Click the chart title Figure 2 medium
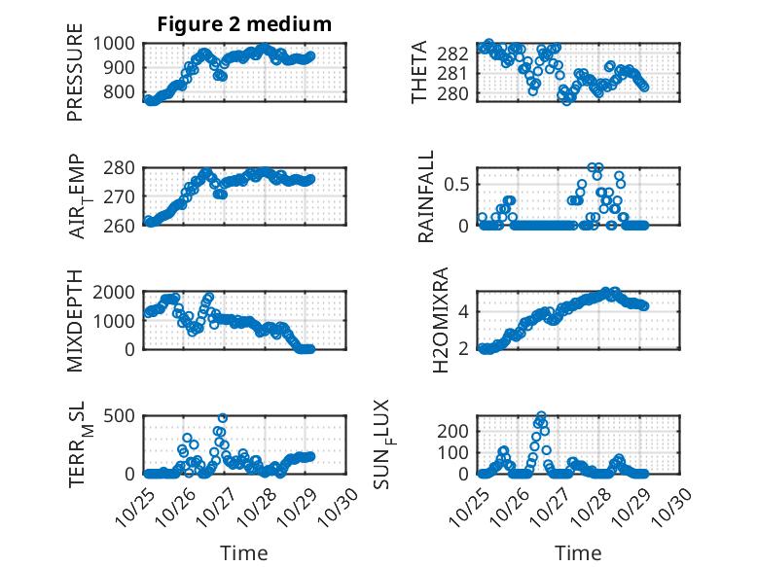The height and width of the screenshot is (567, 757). click(x=244, y=24)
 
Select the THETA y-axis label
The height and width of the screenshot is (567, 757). click(x=419, y=71)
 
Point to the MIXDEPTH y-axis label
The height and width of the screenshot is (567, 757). click(x=75, y=320)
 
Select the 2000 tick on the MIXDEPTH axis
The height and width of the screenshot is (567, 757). click(x=119, y=293)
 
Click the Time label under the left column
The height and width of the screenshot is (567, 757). click(x=244, y=553)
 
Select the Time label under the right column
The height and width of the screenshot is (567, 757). click(x=578, y=553)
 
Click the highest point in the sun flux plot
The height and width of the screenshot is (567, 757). click(x=541, y=416)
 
